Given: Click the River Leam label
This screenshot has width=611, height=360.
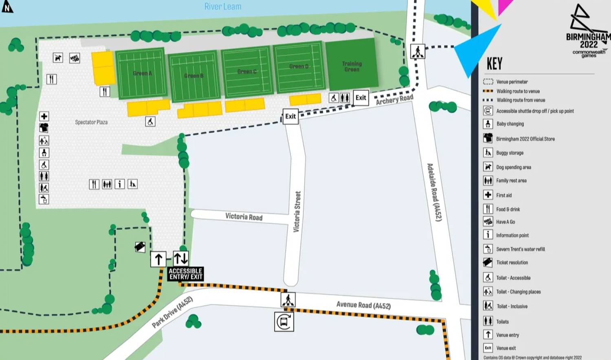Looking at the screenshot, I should point(222,7).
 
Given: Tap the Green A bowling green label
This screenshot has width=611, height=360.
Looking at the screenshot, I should point(142,73).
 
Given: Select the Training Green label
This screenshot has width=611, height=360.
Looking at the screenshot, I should point(352,66).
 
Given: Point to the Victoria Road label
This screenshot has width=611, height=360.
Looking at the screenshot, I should point(244,217).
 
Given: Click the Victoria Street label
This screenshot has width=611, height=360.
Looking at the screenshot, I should point(297,212).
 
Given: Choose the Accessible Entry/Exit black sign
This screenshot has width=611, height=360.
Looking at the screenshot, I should point(186,274).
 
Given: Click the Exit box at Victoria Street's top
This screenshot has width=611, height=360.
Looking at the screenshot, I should point(290,116).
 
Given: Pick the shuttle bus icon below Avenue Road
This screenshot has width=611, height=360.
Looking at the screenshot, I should point(284,322).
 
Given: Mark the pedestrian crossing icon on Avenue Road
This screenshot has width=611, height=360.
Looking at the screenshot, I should point(288,300).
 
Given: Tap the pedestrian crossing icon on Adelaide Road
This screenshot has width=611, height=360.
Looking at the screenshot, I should point(418,52).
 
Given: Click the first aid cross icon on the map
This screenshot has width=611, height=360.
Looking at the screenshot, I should point(44,116).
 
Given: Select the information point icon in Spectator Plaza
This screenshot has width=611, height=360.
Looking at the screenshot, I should point(120,184).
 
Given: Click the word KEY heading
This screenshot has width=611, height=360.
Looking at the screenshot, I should point(495,64).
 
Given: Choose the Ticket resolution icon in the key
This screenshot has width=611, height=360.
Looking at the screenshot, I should point(488,262).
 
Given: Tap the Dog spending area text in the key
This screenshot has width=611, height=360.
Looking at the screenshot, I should point(513,167).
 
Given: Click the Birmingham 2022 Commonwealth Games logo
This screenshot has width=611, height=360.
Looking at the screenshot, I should point(588,33).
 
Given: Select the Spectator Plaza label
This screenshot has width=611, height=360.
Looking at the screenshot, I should point(91,122).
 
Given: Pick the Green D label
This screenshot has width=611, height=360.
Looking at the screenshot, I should point(299,66).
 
